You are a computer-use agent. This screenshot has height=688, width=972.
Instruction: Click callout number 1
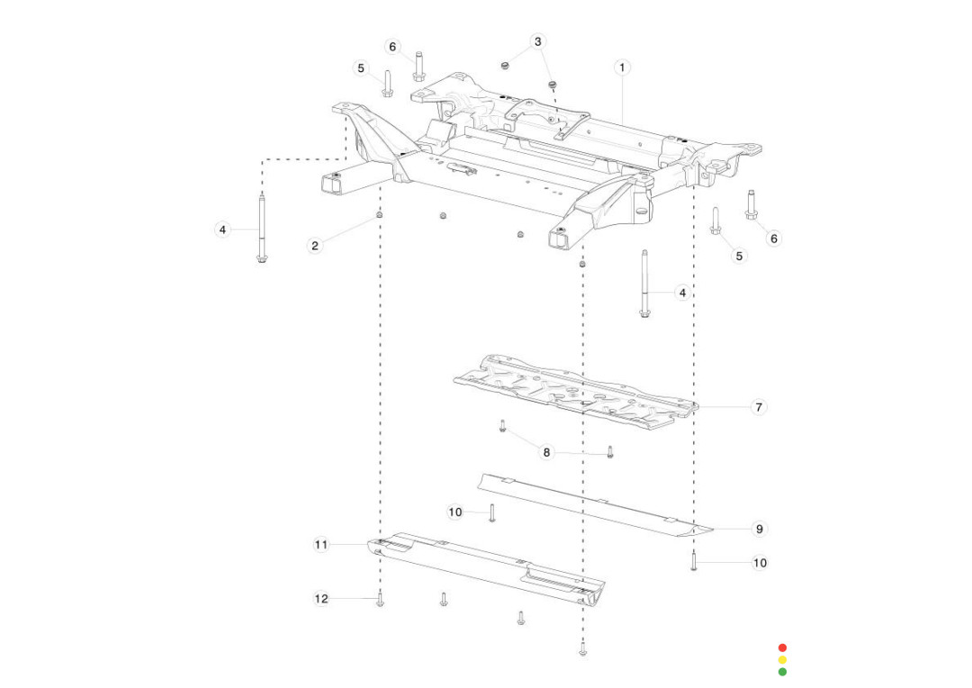(622, 68)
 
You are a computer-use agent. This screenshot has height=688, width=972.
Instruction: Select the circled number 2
(315, 245)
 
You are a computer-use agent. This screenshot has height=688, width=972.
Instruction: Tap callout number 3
(538, 41)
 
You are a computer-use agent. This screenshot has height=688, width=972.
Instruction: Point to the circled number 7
(759, 407)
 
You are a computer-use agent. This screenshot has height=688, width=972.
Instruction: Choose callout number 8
(546, 452)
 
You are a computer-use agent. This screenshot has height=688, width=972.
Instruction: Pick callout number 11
(321, 544)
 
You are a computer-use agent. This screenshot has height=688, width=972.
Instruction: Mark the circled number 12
(321, 598)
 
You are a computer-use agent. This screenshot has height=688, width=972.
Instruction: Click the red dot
(782, 647)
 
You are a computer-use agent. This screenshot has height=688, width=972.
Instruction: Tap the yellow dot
(782, 660)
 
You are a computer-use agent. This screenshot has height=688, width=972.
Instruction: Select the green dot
(782, 672)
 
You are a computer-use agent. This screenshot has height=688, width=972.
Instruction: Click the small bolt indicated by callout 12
(381, 601)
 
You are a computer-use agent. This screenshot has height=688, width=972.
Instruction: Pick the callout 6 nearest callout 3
(392, 47)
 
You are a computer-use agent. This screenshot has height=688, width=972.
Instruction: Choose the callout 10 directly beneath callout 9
(760, 563)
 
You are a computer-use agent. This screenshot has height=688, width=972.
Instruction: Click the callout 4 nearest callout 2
(222, 230)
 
